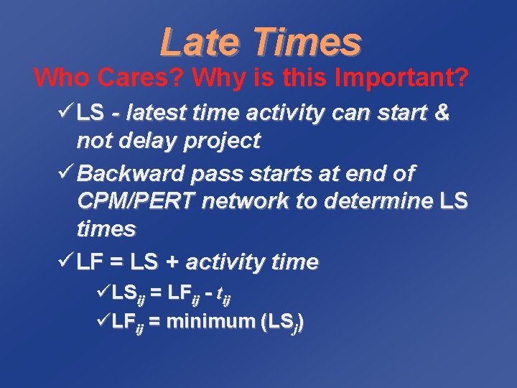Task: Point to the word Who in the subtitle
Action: coord(60,76)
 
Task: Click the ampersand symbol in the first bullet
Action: coord(442,114)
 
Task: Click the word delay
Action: coord(144,141)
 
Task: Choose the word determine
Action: coord(378,201)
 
